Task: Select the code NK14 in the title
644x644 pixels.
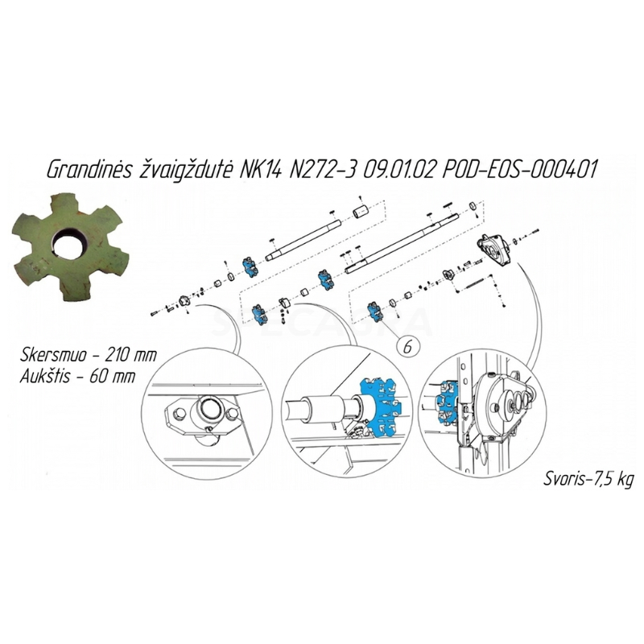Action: [259, 169]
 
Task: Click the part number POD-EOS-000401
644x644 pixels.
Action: [518, 169]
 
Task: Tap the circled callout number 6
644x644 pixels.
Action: [407, 347]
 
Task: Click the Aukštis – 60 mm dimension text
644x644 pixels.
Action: [77, 376]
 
